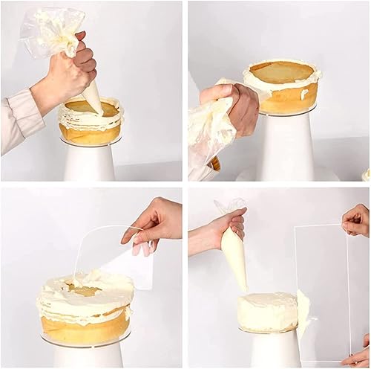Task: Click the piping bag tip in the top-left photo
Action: pyautogui.click(x=94, y=100)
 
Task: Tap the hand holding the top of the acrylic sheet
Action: pyautogui.click(x=357, y=219)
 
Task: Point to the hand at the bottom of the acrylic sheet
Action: pyautogui.click(x=359, y=357)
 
